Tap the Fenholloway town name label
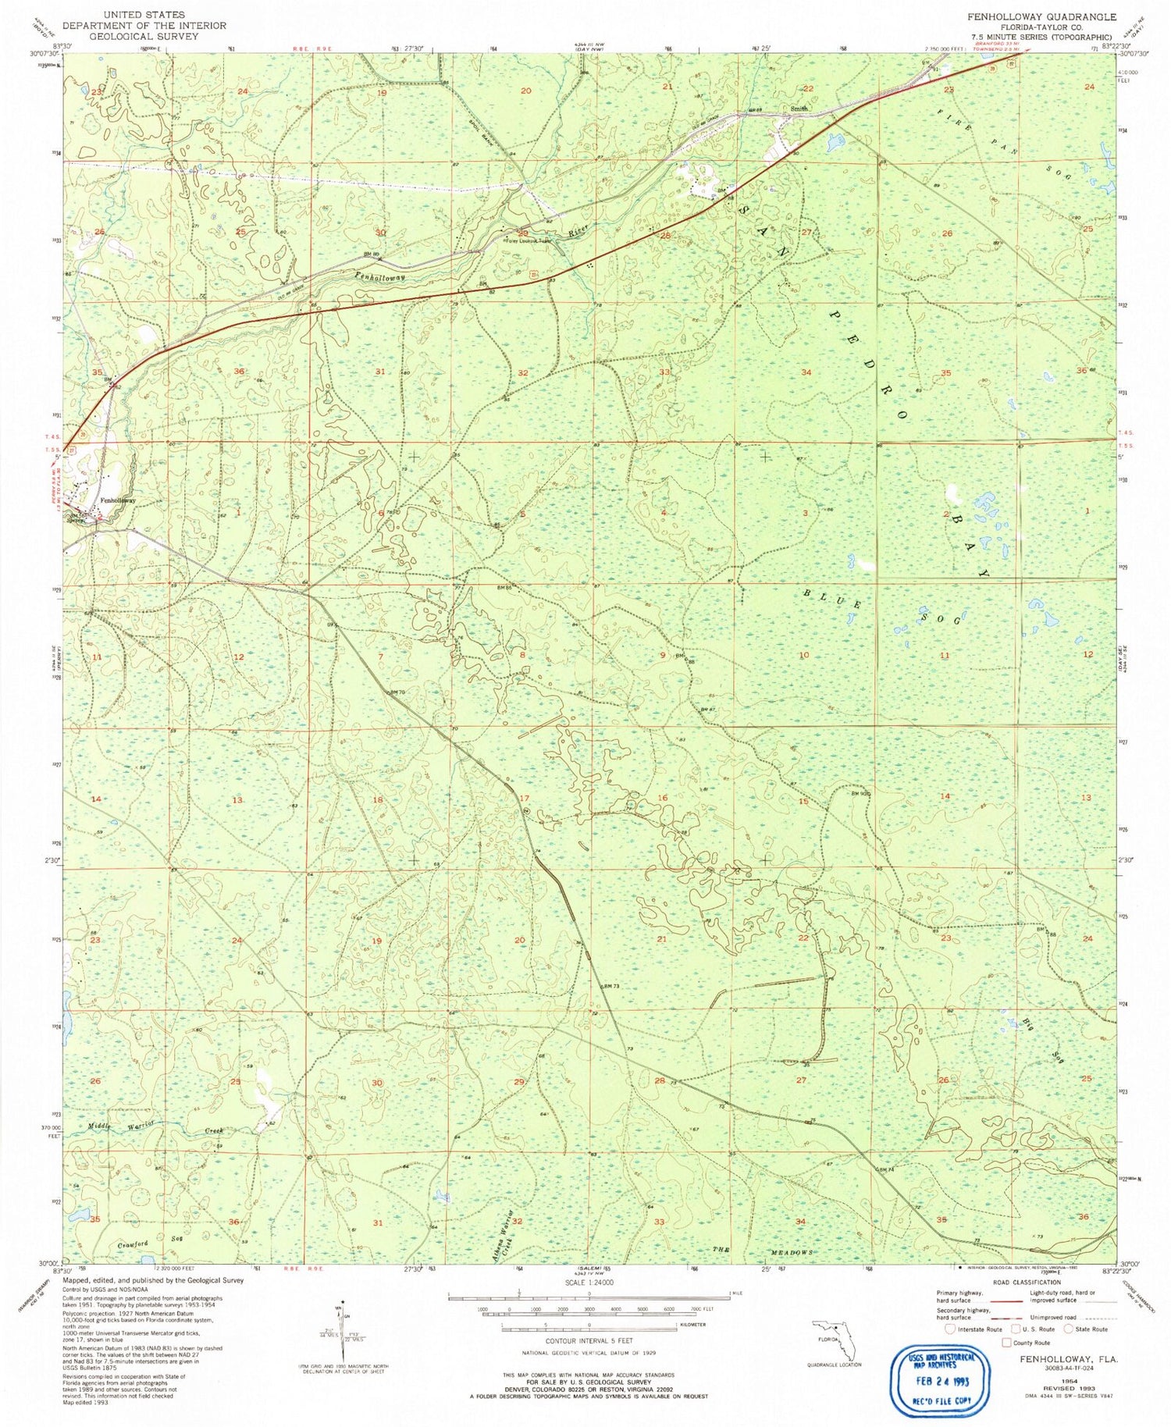(x=118, y=500)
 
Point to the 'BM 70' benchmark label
(x=397, y=692)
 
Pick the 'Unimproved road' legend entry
(x=1059, y=1317)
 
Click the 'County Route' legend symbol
(x=1006, y=1343)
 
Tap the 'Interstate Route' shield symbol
(x=949, y=1329)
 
